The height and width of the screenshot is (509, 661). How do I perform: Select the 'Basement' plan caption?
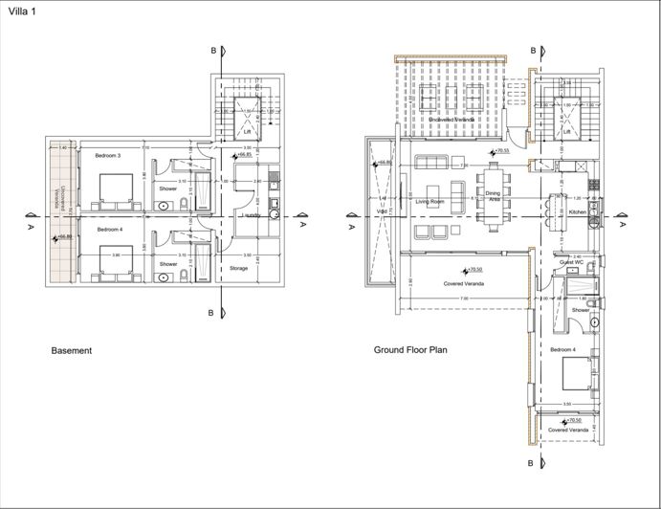tap(71, 351)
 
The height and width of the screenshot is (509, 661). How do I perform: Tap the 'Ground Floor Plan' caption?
tap(410, 351)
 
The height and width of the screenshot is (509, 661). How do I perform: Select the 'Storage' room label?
tap(238, 269)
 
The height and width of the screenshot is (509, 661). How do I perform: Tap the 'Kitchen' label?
tap(577, 211)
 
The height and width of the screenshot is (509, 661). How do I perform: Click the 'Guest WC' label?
tap(572, 261)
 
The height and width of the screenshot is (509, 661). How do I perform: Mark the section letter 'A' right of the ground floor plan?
tap(623, 227)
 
